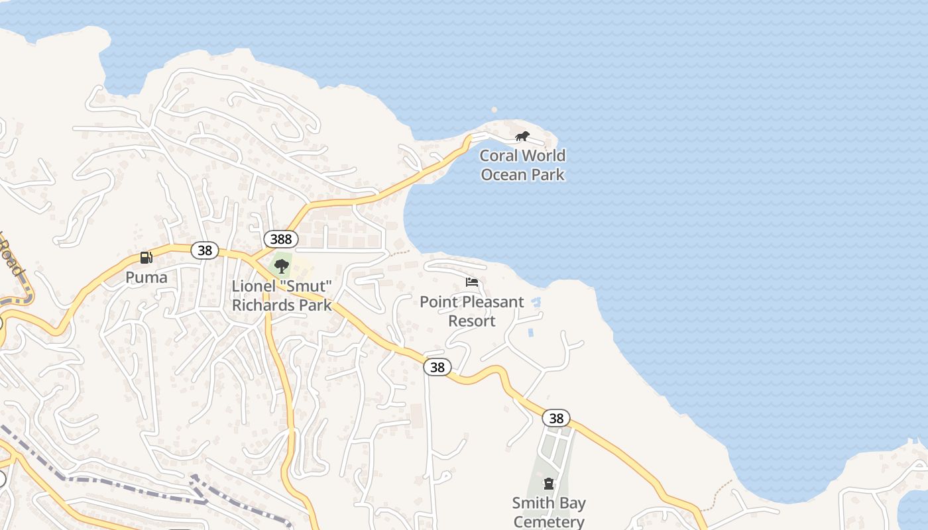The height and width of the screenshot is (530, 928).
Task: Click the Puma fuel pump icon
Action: coord(146,258)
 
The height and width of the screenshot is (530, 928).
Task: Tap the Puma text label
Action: coord(146,277)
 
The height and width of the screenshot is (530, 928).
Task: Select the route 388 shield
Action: coord(281,239)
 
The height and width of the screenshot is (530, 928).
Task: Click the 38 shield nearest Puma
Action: coord(205,250)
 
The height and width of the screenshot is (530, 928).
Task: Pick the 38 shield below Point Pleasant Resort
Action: coord(437,367)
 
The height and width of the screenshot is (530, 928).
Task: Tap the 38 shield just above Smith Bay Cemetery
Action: coord(556,418)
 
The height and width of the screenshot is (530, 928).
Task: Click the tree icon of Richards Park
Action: coord(282,266)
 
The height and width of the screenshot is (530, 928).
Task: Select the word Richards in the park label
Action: coord(263,305)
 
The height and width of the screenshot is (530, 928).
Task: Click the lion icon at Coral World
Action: coord(522,136)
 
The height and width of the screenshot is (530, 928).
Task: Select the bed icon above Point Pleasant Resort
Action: coord(472,282)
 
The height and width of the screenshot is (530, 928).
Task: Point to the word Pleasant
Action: coord(492,302)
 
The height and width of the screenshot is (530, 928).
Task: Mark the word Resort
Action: coord(472,321)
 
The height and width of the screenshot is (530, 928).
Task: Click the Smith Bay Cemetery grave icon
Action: coord(549,484)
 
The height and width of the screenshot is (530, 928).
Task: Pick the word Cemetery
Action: coord(549,521)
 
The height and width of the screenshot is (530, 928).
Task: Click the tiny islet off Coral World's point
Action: coord(494,110)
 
